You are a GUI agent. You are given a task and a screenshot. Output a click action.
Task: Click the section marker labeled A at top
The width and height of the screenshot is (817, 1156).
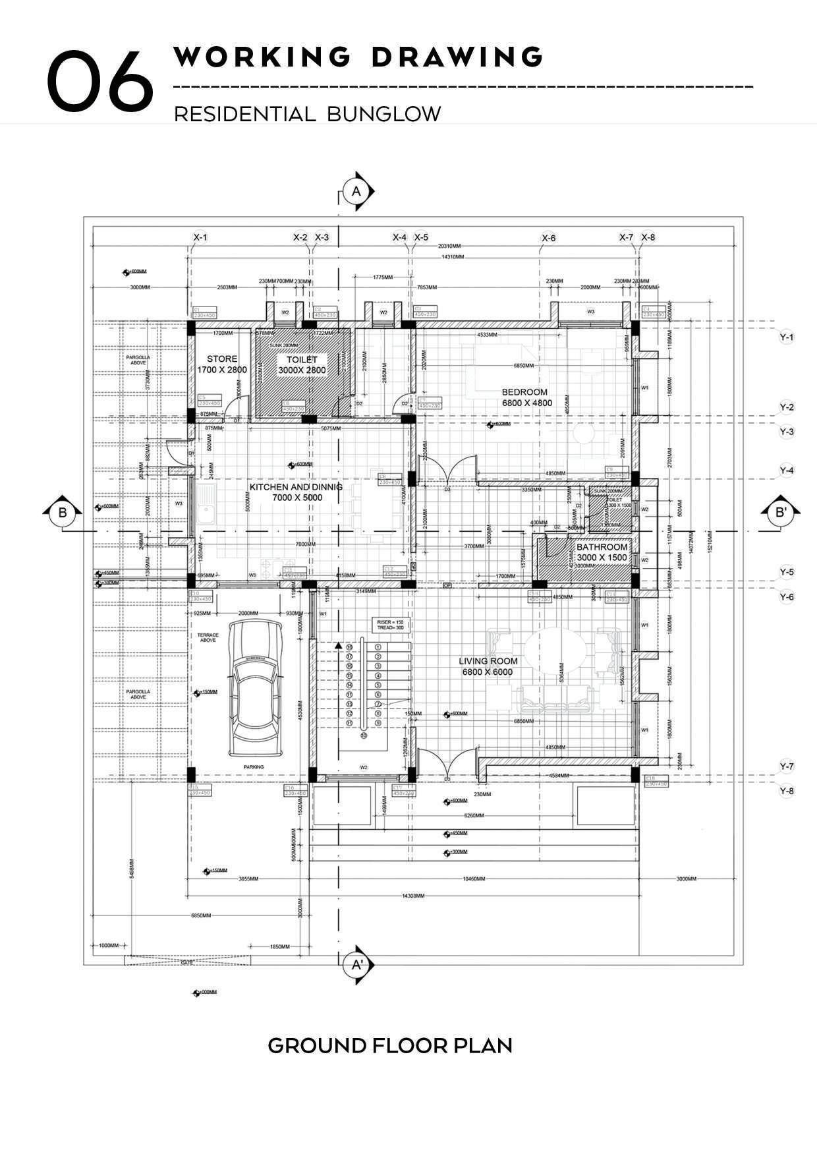[356, 191]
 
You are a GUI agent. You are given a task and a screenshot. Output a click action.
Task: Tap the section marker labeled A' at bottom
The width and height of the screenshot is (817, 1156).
[357, 966]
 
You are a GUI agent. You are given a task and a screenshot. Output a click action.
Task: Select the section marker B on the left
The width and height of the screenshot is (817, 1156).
[63, 512]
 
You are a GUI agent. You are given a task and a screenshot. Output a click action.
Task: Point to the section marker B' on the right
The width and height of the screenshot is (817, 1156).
[781, 512]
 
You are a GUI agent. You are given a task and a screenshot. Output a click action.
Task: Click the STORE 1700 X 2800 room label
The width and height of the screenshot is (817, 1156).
[222, 364]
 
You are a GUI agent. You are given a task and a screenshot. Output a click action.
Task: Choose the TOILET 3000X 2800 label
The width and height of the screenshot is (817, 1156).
[302, 364]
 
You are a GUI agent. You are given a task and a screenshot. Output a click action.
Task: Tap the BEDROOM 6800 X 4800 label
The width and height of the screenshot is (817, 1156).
[526, 397]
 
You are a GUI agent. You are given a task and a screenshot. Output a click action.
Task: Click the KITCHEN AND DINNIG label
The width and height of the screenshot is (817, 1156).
[296, 492]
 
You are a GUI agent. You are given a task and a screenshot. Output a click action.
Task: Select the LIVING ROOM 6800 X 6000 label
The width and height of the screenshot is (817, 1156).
[488, 666]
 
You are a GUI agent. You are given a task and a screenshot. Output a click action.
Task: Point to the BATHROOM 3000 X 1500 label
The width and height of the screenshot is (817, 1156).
[602, 552]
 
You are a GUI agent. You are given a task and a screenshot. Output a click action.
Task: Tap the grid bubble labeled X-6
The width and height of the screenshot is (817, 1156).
[548, 238]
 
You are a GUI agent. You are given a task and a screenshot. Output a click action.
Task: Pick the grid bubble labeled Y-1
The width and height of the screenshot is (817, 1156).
[787, 337]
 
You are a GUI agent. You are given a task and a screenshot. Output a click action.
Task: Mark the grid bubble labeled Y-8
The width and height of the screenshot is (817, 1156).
[787, 791]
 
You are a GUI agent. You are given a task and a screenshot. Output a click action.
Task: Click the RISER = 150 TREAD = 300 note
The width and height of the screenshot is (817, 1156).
[390, 625]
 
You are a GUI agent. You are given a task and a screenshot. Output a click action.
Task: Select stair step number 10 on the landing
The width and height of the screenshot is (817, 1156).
[363, 735]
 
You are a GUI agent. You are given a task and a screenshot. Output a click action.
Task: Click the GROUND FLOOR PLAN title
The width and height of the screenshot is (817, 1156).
[390, 1045]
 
